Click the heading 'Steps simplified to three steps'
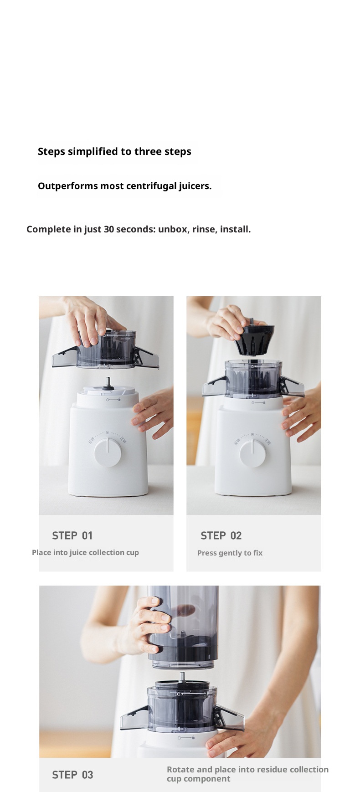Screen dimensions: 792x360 click(x=114, y=152)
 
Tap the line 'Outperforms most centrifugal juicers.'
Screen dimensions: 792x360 click(x=124, y=186)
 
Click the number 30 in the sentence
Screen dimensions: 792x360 click(x=109, y=229)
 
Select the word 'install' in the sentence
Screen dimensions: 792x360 click(x=234, y=229)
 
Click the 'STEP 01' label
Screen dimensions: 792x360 click(x=72, y=535)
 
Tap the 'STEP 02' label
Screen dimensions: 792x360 click(x=221, y=535)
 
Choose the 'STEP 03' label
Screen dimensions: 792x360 click(x=72, y=775)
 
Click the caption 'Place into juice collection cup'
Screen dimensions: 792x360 click(x=85, y=552)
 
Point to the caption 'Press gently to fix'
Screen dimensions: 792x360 click(x=230, y=553)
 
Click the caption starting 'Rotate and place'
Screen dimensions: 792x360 click(x=247, y=774)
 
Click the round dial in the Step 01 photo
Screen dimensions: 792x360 click(x=108, y=452)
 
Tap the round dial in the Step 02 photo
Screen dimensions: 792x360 click(x=253, y=453)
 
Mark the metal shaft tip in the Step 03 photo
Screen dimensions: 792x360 click(x=182, y=677)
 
